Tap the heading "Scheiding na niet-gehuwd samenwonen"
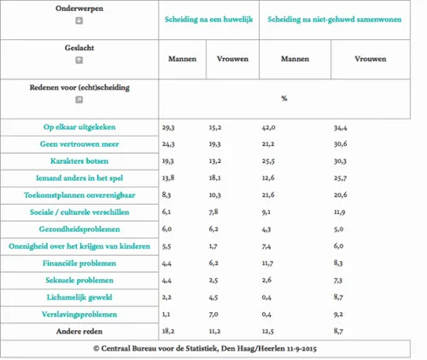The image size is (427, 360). (x=334, y=18)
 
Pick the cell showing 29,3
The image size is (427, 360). (x=169, y=127)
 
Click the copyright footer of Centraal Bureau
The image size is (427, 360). (x=213, y=348)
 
